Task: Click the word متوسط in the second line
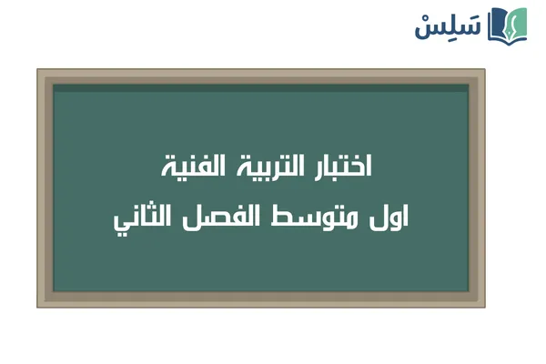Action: coord(318,218)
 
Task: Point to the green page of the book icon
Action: coord(518,23)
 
